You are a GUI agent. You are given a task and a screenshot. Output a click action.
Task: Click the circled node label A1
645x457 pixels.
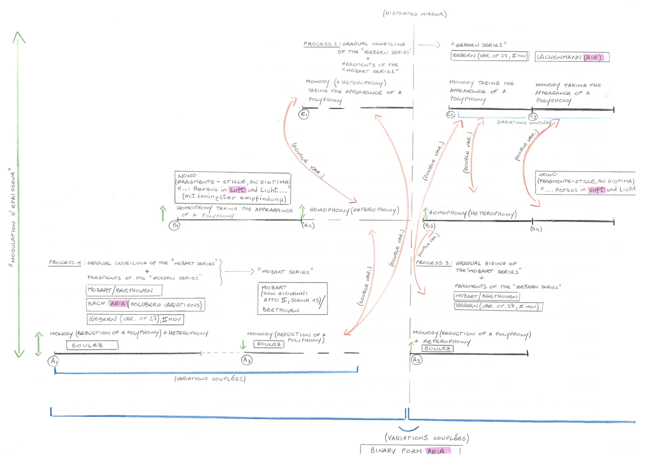54,361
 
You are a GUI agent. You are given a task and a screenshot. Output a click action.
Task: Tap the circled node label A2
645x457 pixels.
246,360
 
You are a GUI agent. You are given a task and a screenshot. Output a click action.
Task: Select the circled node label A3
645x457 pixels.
416,360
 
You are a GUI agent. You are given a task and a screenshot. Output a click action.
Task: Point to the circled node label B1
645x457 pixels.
175,225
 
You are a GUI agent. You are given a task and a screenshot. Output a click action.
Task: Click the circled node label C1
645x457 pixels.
304,114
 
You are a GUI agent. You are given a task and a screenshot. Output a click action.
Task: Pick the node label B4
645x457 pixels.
536,229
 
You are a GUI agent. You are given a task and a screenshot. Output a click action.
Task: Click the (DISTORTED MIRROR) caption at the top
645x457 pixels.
415,14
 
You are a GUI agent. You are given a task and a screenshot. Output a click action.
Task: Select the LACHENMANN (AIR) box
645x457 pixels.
571,57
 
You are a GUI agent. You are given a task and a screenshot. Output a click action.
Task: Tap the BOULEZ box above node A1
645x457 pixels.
92,345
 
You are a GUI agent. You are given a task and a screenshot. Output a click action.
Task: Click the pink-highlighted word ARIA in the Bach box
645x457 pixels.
118,304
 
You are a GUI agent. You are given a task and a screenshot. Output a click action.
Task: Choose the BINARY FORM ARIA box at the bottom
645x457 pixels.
410,450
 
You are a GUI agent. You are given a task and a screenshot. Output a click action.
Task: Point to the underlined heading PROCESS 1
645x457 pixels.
65,263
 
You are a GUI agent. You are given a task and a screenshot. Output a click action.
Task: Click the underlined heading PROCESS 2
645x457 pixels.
321,44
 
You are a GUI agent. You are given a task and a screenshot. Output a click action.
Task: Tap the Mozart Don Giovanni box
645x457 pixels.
292,298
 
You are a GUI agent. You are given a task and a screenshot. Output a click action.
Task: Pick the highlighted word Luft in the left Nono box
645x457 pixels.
237,189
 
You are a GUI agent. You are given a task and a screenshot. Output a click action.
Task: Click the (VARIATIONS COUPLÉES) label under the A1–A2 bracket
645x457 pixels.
210,379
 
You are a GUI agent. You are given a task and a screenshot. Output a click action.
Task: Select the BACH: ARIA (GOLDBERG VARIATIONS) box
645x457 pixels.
145,304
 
